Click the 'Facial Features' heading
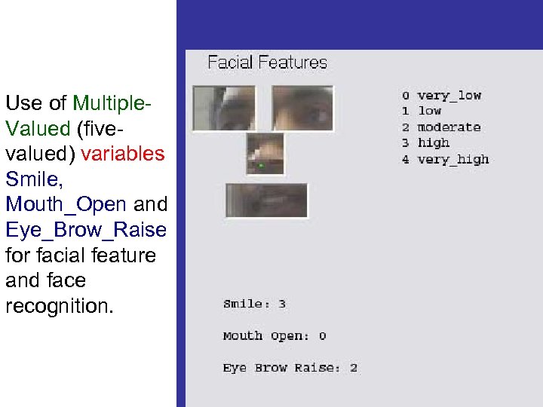point(267,63)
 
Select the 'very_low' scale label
point(449,96)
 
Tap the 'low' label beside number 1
point(429,111)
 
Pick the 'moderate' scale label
point(449,127)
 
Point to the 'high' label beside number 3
point(433,142)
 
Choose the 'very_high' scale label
point(452,159)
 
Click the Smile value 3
point(282,304)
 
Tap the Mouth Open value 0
point(322,336)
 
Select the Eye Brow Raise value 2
point(353,369)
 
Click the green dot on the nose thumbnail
point(261,164)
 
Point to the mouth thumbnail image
point(266,200)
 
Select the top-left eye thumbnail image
point(224,108)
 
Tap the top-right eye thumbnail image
point(302,107)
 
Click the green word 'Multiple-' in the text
point(112,103)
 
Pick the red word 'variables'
point(122,154)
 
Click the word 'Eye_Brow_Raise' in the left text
point(85,229)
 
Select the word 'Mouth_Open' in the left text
point(66,203)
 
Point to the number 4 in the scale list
point(405,159)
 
